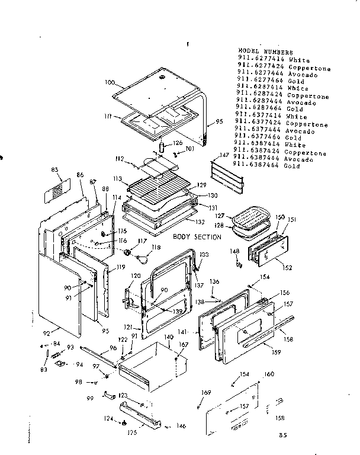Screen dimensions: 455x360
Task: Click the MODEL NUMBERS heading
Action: [265, 52]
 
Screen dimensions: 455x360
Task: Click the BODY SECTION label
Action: [197, 237]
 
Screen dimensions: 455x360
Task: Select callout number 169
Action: [206, 393]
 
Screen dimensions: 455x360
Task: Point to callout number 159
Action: [275, 354]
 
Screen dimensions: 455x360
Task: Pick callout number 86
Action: [80, 176]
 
